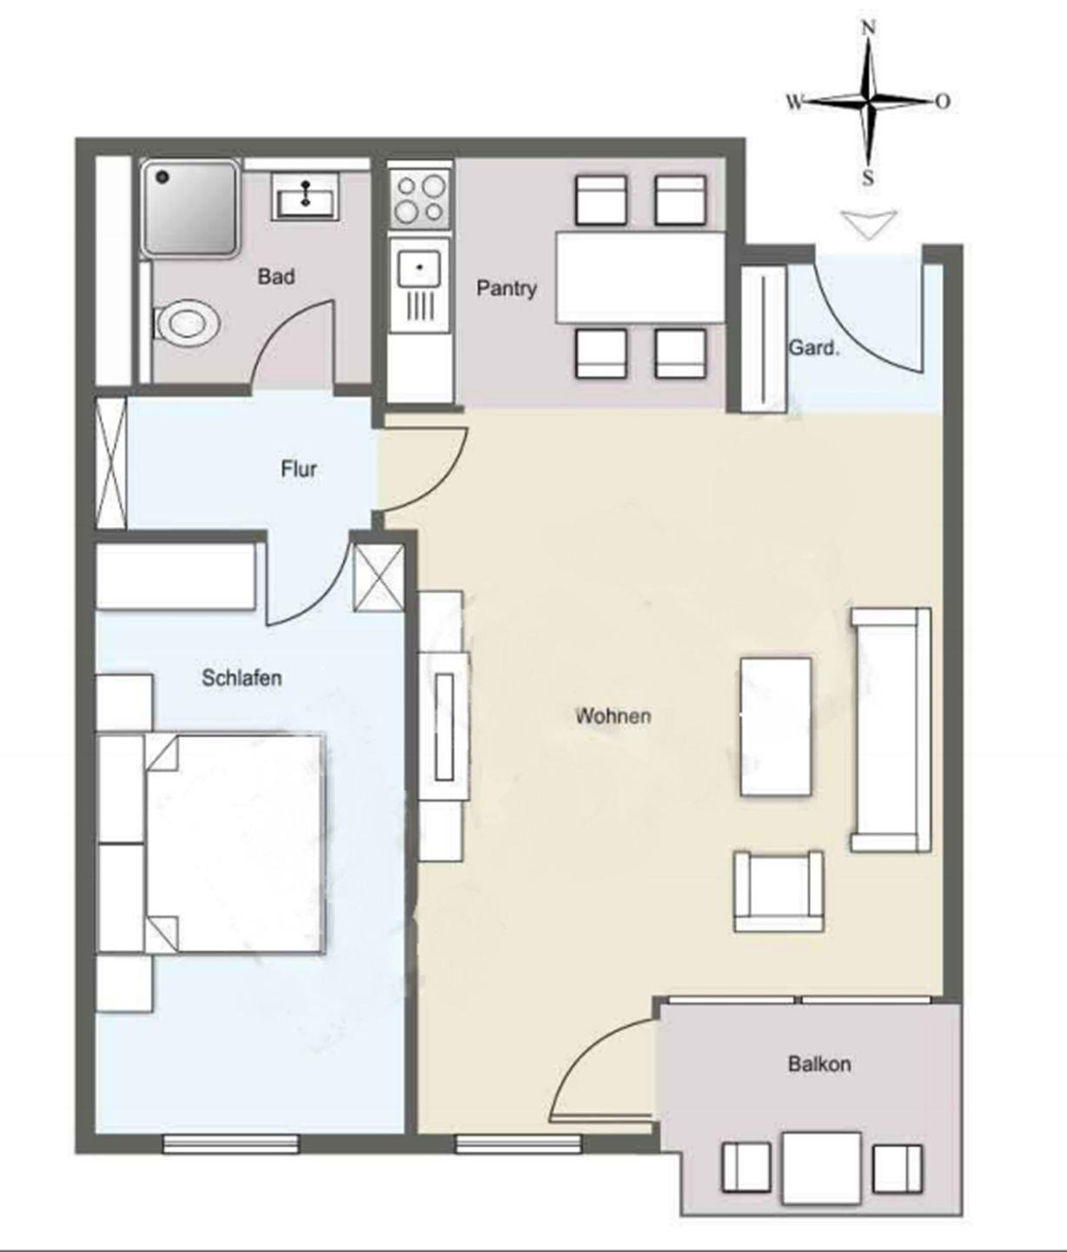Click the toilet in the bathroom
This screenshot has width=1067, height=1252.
click(185, 322)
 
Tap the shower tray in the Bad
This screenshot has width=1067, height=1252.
click(189, 208)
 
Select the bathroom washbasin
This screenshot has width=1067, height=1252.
click(305, 195)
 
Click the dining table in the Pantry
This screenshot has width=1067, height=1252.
click(640, 276)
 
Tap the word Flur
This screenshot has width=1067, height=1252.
click(298, 469)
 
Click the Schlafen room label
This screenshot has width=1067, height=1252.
click(242, 677)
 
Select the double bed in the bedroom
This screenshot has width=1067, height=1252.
click(235, 843)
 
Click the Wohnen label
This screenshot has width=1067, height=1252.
click(613, 716)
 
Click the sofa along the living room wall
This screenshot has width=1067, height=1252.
click(891, 729)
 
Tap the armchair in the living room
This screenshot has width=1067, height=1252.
click(779, 890)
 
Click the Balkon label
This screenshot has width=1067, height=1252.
click(819, 1063)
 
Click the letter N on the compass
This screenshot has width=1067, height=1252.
click(869, 28)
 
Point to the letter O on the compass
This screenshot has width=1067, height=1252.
click(943, 101)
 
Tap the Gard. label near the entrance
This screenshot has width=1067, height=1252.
click(814, 349)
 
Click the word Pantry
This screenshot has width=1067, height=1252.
click(507, 288)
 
